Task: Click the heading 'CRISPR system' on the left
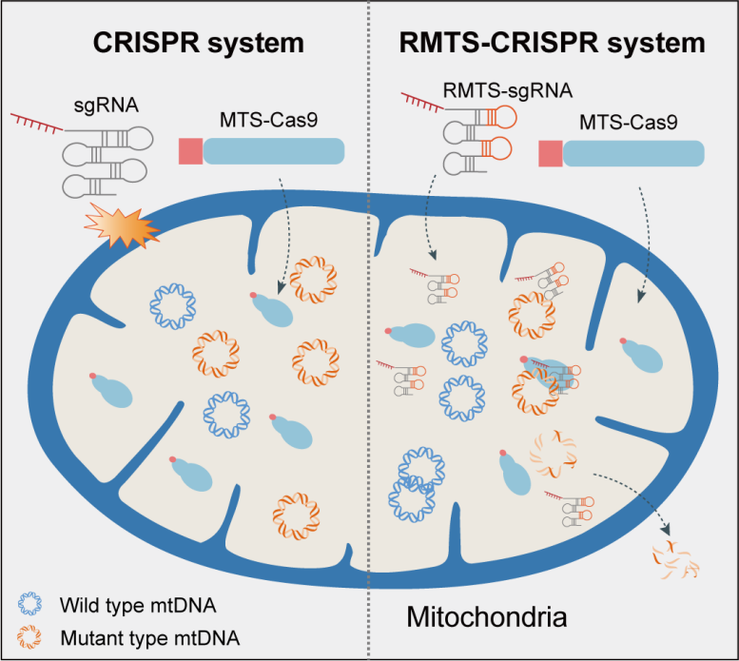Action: point(197,44)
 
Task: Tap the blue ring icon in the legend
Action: point(29,603)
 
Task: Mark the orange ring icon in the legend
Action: point(29,633)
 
